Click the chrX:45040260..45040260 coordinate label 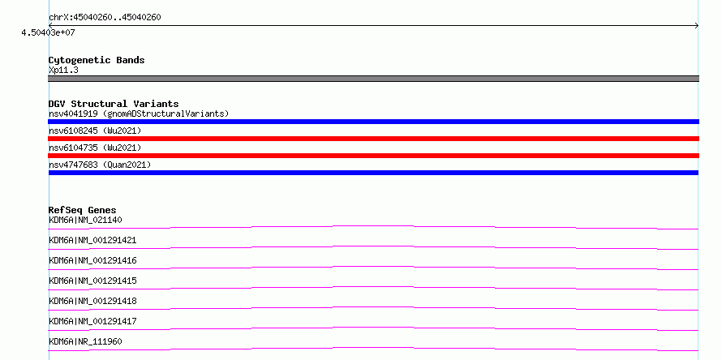[105, 18]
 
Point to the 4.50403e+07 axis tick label [48, 33]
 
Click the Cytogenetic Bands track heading [97, 60]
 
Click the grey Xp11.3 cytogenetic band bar [373, 79]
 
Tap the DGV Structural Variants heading [114, 104]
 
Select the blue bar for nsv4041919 [373, 122]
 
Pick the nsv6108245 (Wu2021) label [95, 131]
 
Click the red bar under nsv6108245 [373, 139]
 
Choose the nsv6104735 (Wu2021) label [95, 148]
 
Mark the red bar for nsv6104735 [373, 156]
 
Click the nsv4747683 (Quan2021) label [100, 165]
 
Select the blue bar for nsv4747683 [373, 173]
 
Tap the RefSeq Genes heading [83, 210]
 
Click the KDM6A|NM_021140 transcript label [85, 220]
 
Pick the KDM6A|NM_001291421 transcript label [92, 240]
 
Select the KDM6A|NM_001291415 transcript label [92, 281]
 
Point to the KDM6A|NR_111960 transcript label [85, 341]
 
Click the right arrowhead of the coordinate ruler [698, 26]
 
